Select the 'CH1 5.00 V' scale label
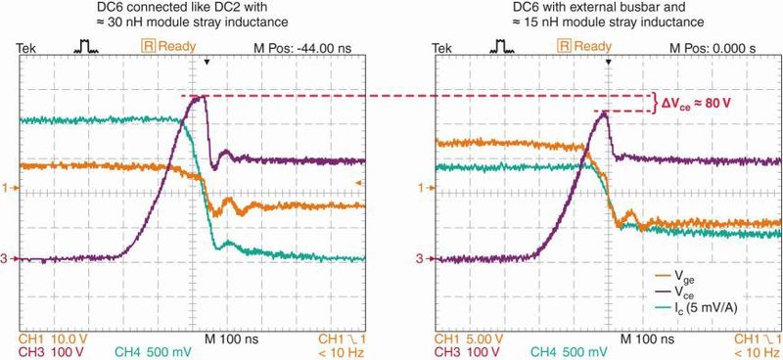coord(468,338)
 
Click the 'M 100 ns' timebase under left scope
coord(228,338)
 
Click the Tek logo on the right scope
coord(443,46)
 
